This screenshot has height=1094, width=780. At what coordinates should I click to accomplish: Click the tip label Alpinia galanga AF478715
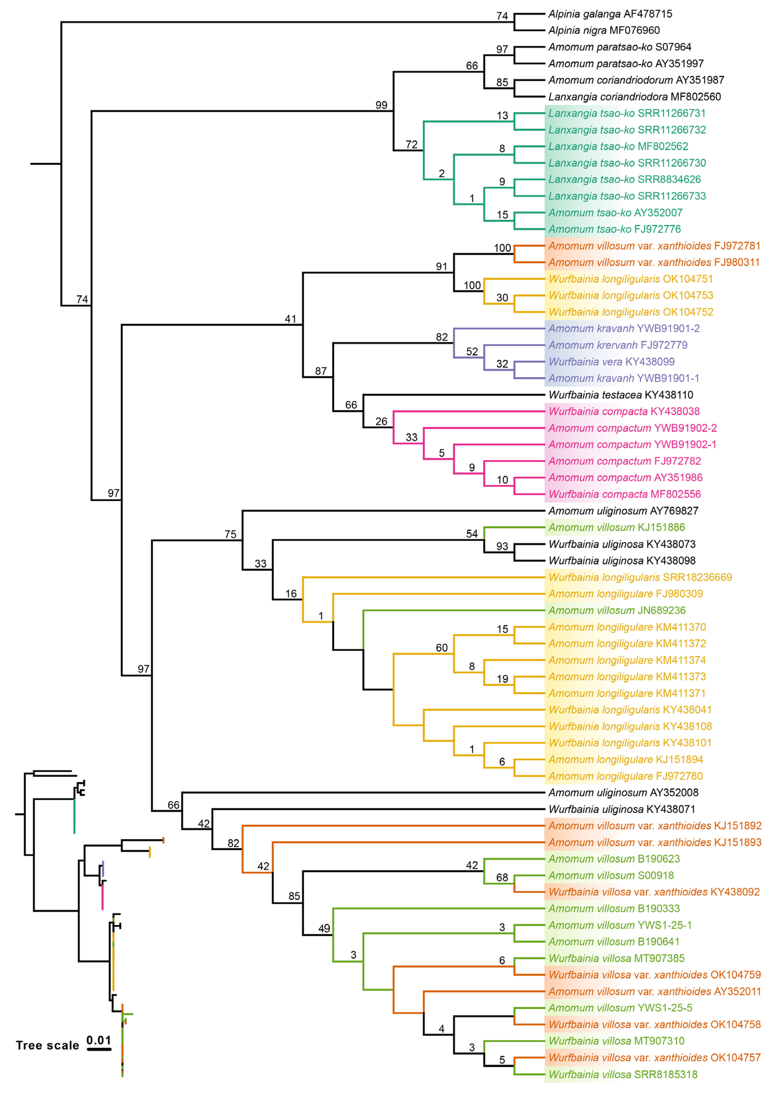point(610,14)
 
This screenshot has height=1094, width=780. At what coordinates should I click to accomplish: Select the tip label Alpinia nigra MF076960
point(604,30)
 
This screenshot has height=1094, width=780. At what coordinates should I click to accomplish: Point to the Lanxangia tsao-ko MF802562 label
point(618,146)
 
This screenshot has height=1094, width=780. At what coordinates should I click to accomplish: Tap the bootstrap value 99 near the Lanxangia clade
point(381,105)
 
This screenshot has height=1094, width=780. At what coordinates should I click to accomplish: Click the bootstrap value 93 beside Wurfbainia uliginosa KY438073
point(502,546)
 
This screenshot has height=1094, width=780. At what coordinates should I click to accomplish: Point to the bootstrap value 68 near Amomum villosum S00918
point(502,877)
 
